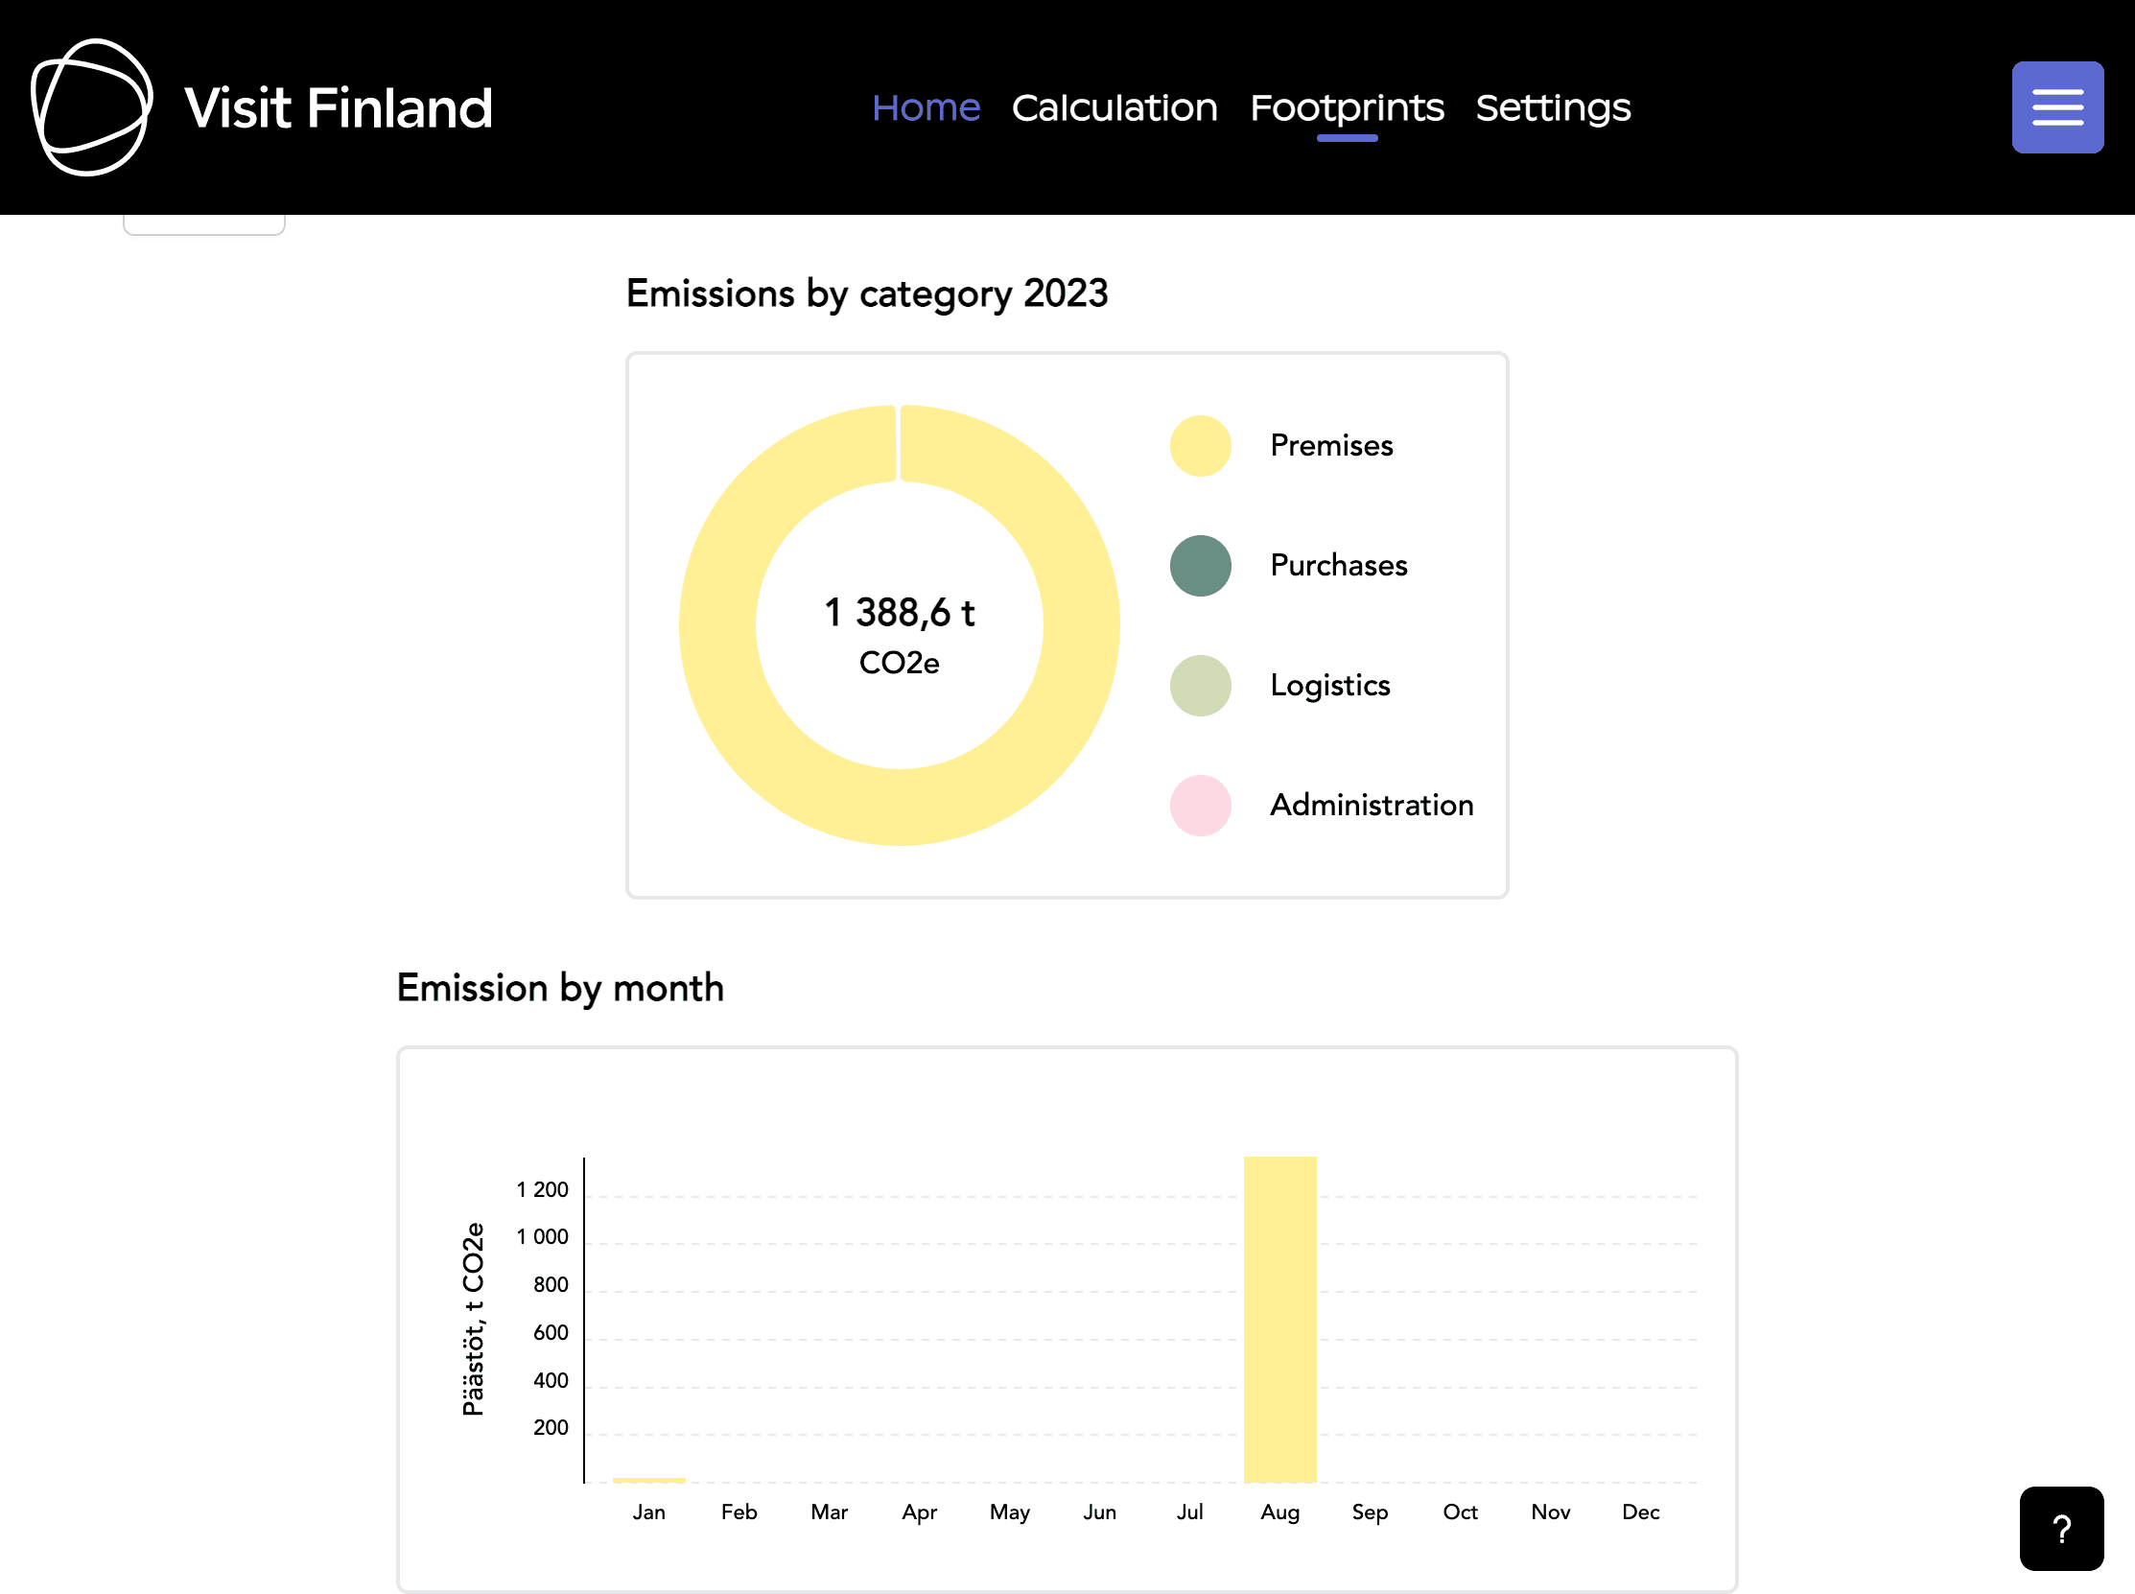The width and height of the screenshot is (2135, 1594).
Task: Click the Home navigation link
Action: pos(926,107)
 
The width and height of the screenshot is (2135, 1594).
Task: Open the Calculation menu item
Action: pos(1114,107)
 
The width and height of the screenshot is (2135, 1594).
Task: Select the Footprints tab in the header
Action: pos(1347,107)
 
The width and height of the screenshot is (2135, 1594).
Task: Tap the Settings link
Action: pos(1552,107)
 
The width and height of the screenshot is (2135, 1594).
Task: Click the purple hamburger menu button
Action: pos(2057,107)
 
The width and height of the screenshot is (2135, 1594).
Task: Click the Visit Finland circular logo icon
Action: pos(92,107)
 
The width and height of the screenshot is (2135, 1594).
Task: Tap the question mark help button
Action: pos(2061,1529)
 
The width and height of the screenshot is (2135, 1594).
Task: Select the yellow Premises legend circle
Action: pos(1200,446)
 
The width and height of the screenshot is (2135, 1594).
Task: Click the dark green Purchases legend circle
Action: pos(1200,566)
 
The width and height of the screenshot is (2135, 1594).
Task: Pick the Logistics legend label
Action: pos(1329,685)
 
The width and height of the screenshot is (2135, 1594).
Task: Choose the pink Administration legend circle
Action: pos(1200,806)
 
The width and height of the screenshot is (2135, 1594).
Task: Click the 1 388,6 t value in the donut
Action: pos(899,613)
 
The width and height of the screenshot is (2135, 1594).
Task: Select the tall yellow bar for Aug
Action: pos(1279,1319)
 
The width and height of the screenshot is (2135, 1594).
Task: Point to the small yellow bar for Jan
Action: pos(648,1479)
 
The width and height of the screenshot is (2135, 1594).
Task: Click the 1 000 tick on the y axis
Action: pos(542,1237)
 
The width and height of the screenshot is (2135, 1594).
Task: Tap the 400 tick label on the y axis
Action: pos(550,1381)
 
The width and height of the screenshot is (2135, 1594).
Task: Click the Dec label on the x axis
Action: pos(1640,1512)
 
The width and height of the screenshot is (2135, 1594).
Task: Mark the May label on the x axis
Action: pos(1009,1512)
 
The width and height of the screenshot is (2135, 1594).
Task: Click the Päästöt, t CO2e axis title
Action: pos(473,1319)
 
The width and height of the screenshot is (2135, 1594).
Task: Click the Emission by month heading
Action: pos(559,988)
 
